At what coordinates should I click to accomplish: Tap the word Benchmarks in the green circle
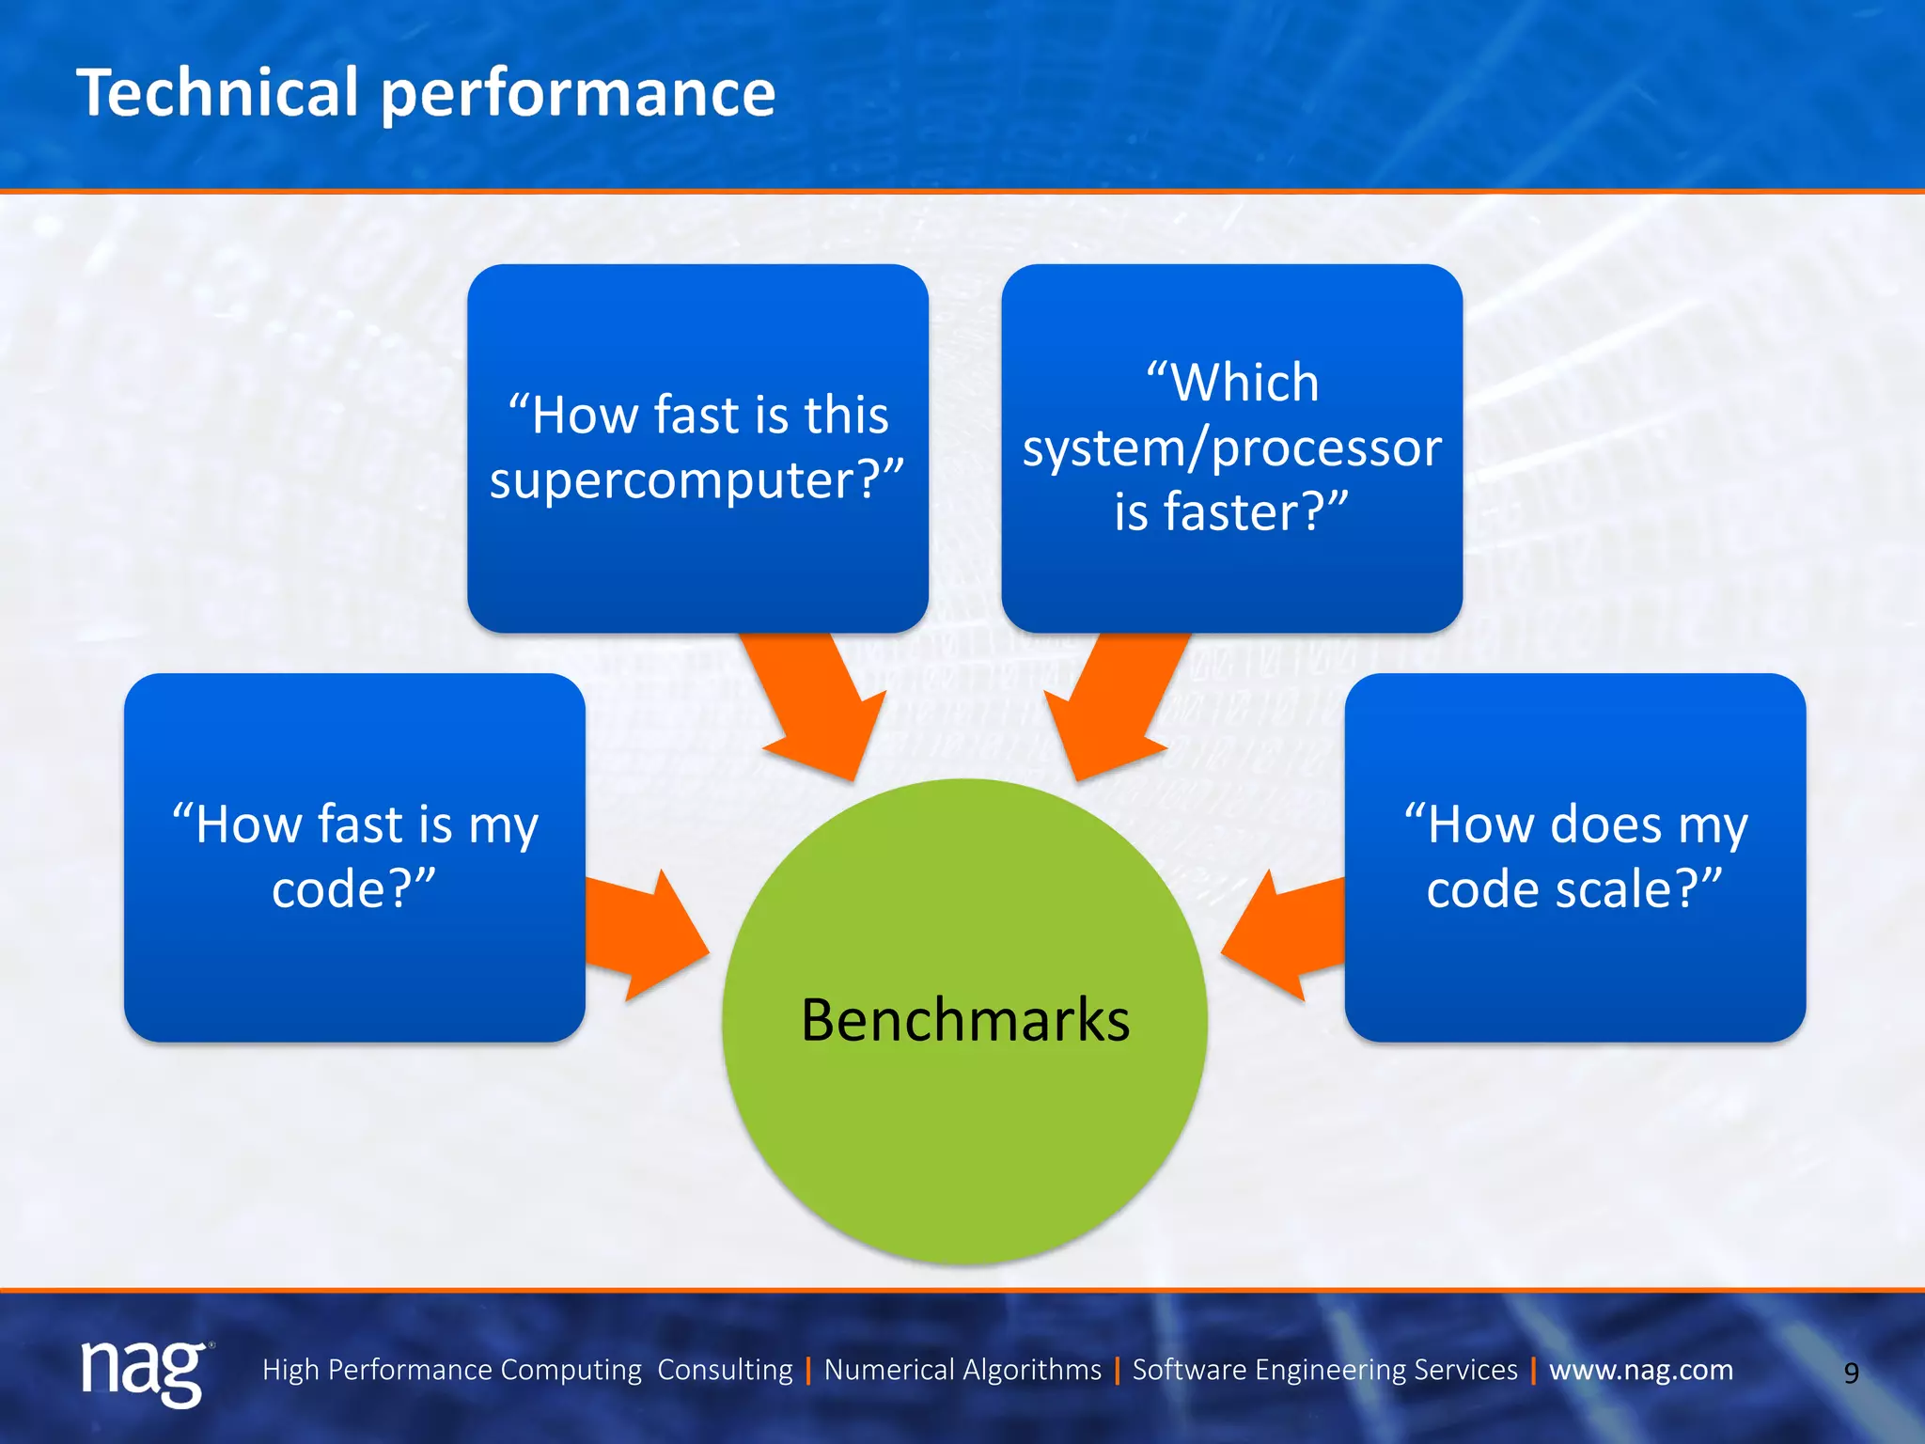[964, 1021]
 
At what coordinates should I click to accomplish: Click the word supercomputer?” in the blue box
[696, 481]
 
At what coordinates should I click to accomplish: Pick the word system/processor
[1231, 448]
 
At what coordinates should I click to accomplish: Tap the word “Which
[1231, 384]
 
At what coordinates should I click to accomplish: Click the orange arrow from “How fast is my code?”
[644, 935]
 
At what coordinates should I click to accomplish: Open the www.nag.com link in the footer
[1640, 1370]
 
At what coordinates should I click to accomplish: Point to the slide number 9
[1851, 1373]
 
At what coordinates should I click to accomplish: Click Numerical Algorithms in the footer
[962, 1370]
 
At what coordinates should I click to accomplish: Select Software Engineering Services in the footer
[1324, 1370]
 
